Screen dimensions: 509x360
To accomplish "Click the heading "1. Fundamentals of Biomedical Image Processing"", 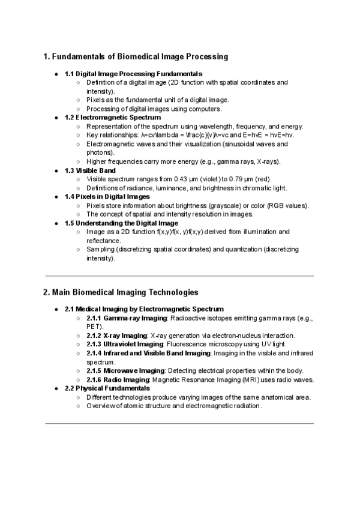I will pyautogui.click(x=136, y=57).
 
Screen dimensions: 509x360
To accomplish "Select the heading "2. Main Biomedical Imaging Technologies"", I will pyautogui.click(x=121, y=292).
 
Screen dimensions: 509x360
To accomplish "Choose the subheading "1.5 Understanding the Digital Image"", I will pyautogui.click(x=121, y=223).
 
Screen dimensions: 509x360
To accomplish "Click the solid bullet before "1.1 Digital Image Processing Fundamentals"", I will pyautogui.click(x=56, y=74).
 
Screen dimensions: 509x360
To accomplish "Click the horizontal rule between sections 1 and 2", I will pyautogui.click(x=179, y=276).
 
